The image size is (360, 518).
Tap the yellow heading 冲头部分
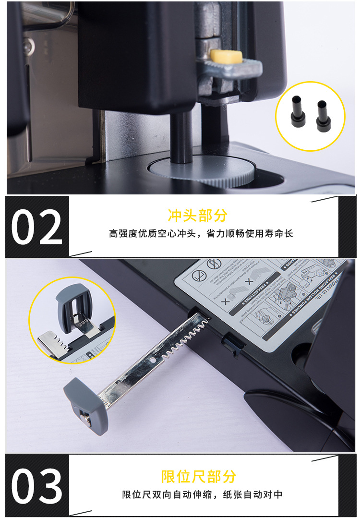tap(197, 216)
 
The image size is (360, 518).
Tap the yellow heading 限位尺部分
tap(199, 477)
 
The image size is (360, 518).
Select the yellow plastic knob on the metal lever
tap(227, 57)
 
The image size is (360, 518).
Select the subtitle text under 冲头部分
tap(201, 234)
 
